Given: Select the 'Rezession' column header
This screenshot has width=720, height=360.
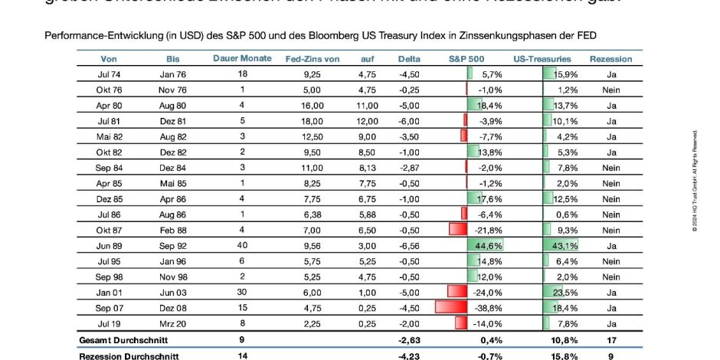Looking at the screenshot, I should pyautogui.click(x=610, y=59).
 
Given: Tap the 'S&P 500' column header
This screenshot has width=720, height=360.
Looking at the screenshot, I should pyautogui.click(x=466, y=59).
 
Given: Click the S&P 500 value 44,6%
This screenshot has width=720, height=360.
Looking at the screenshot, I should pyautogui.click(x=488, y=246).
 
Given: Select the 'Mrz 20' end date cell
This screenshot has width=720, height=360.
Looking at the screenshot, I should pyautogui.click(x=172, y=323).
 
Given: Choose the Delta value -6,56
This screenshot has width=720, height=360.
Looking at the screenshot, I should pyautogui.click(x=410, y=246).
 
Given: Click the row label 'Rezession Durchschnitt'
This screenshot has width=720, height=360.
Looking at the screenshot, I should pyautogui.click(x=129, y=356).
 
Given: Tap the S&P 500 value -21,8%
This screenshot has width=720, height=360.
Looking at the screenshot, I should pyautogui.click(x=488, y=230).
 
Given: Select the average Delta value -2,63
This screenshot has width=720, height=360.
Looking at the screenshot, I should pyautogui.click(x=410, y=339).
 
